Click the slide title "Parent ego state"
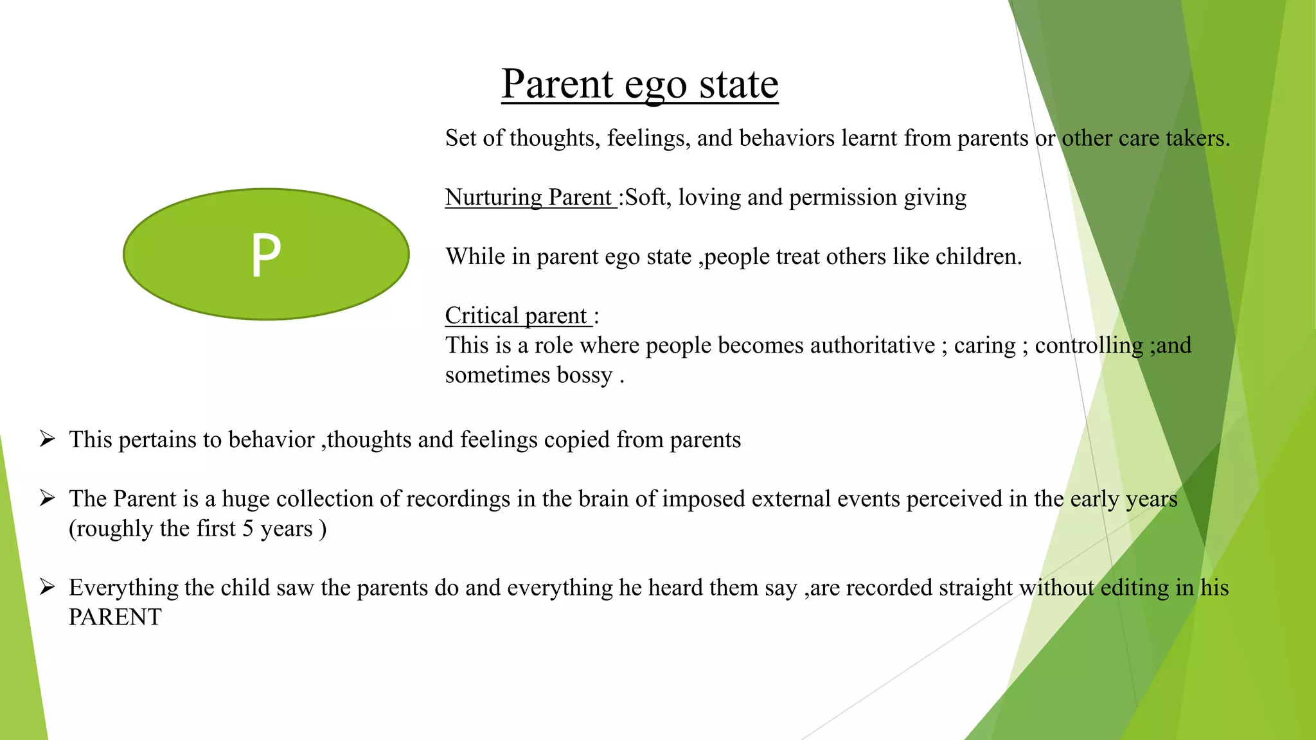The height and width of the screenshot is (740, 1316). [x=639, y=84]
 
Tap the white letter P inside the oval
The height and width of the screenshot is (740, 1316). [x=265, y=255]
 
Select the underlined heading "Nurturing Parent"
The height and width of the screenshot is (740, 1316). [x=529, y=197]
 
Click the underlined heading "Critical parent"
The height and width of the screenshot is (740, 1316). [x=517, y=315]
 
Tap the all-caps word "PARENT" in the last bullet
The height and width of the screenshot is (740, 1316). [x=115, y=617]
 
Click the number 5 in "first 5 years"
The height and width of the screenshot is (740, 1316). [x=247, y=529]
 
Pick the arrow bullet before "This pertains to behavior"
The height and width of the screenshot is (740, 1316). [x=47, y=439]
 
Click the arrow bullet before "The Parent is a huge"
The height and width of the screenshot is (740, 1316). [x=47, y=498]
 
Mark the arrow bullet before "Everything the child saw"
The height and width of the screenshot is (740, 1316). [x=47, y=587]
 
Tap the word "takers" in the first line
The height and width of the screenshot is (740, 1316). [x=1194, y=138]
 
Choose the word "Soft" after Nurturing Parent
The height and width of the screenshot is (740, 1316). [x=645, y=197]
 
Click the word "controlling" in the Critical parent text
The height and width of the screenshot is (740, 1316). [x=1089, y=346]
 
